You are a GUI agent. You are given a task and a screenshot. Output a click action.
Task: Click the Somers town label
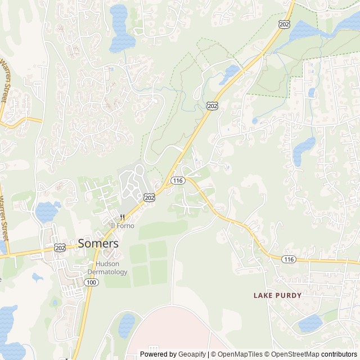[98, 244]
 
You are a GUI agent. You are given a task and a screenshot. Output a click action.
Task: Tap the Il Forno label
[122, 226]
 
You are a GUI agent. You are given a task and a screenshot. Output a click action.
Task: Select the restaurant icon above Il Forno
[121, 217]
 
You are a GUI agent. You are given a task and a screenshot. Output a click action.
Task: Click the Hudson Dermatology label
[111, 268]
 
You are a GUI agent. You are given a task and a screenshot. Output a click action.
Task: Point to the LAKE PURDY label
[277, 295]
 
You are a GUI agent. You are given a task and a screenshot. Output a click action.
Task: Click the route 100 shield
[91, 281]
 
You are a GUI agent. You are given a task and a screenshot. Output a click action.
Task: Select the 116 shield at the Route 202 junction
[178, 181]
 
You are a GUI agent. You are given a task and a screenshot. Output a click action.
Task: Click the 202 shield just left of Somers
[61, 247]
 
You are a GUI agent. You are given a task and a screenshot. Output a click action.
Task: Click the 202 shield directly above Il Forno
[149, 197]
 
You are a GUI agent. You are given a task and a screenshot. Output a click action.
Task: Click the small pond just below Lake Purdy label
[310, 323]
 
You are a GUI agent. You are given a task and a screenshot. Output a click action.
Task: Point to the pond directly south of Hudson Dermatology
[127, 325]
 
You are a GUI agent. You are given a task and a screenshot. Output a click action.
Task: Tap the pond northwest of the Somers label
[47, 211]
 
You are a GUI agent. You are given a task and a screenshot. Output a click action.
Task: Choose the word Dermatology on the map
[111, 272]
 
